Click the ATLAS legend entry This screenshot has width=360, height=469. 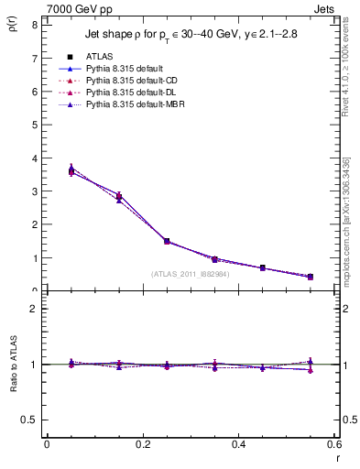point(100,57)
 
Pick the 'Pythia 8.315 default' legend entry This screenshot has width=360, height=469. point(125,69)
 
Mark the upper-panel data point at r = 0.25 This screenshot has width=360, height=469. point(167,241)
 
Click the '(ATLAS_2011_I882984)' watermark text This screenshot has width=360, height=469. point(191,273)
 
